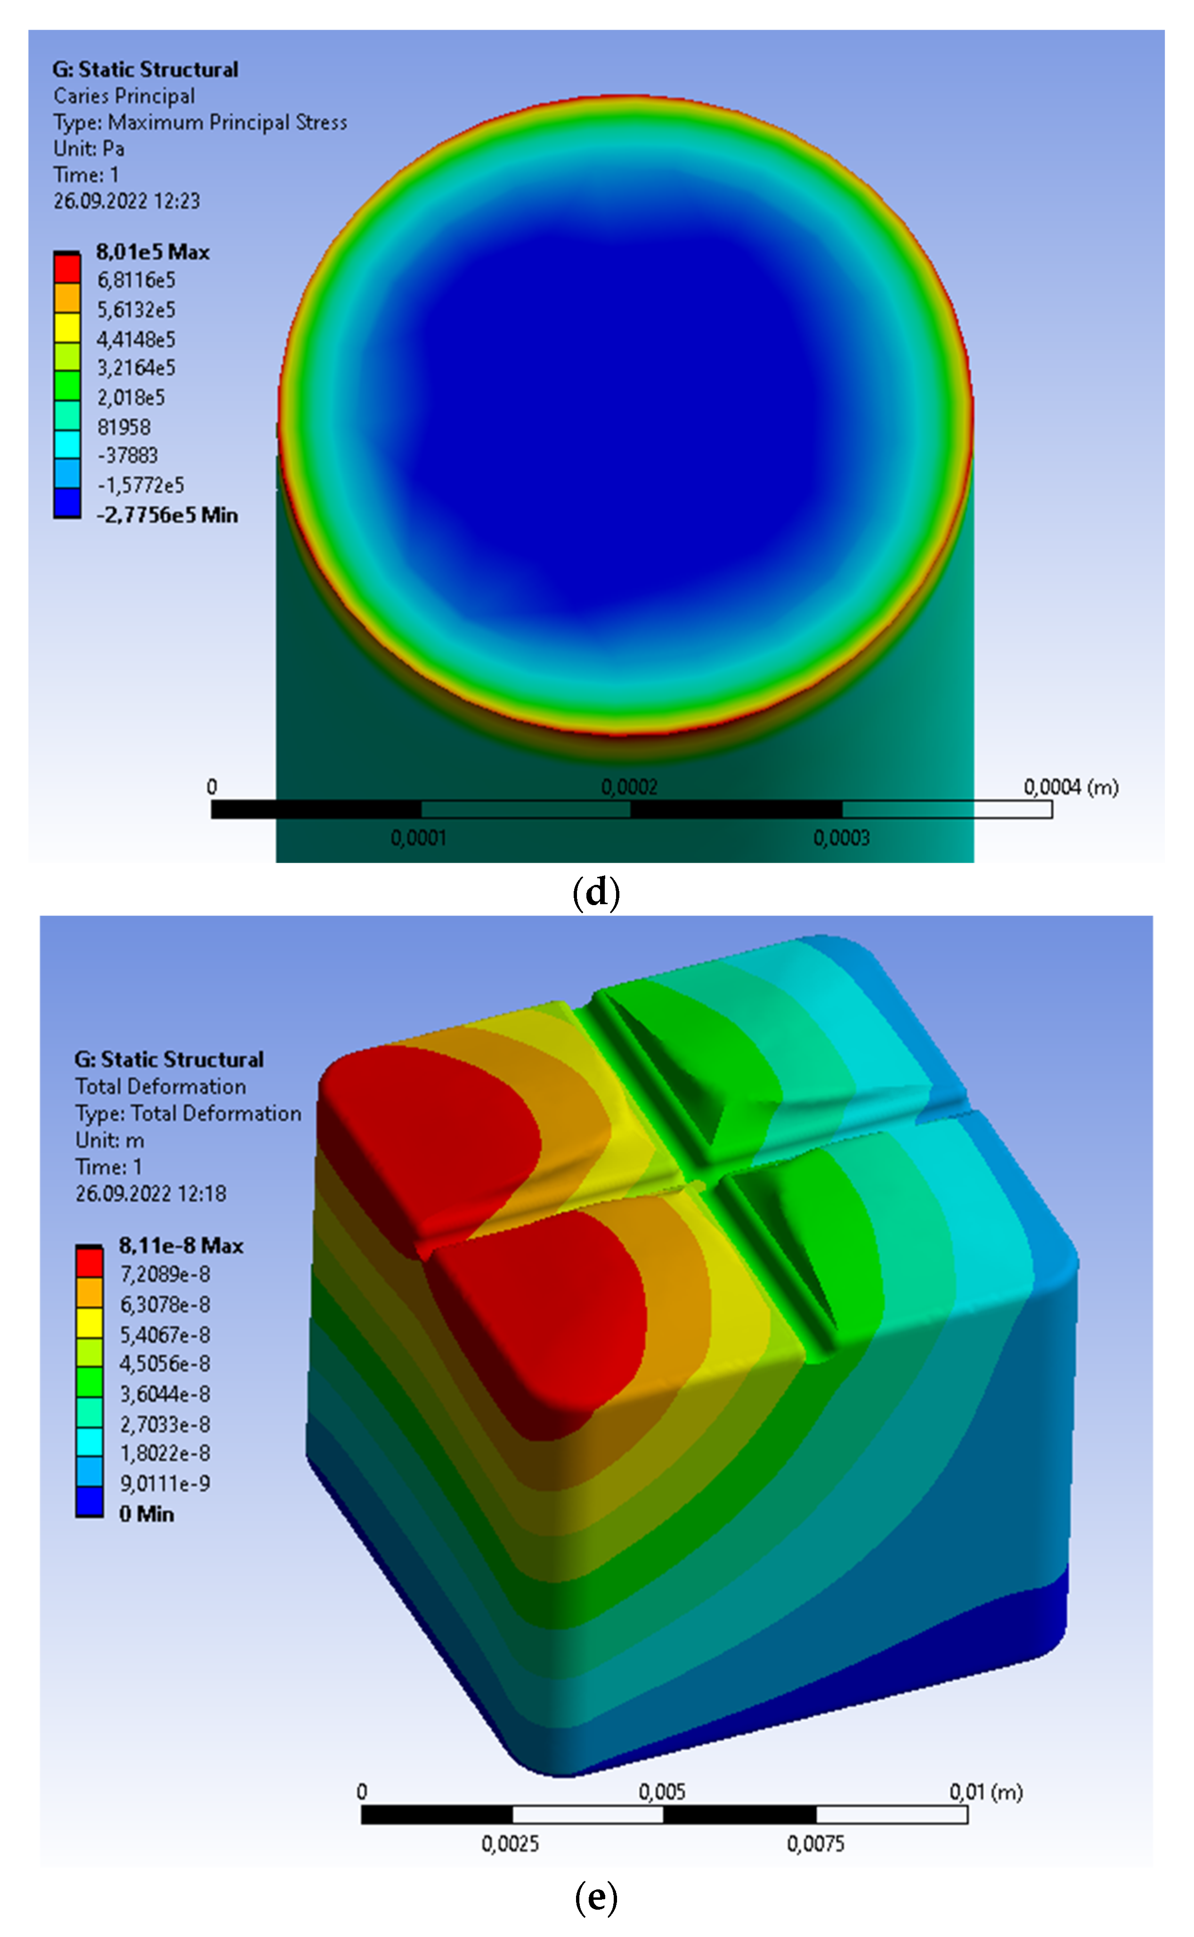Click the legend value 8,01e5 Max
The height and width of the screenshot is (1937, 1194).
tap(153, 252)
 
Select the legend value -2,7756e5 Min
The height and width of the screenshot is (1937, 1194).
tap(167, 515)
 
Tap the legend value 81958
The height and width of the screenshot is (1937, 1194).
tap(123, 427)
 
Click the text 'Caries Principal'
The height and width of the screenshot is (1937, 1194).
tap(124, 97)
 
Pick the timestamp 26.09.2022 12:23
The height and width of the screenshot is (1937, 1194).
tap(126, 202)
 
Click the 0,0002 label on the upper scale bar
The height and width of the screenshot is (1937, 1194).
tap(629, 787)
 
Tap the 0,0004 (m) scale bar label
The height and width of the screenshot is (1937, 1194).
tap(1070, 787)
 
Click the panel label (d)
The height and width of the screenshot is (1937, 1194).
tap(596, 893)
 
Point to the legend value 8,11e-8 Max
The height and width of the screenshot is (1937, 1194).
tap(181, 1246)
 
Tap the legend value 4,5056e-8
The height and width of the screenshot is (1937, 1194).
tap(164, 1364)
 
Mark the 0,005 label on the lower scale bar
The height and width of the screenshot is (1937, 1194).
tap(662, 1792)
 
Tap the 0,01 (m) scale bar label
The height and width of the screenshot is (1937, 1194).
tap(985, 1792)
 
